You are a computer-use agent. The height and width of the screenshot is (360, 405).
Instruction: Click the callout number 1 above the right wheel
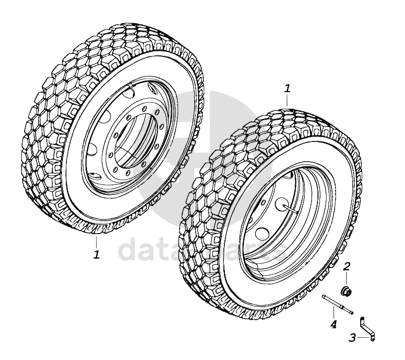point(287,89)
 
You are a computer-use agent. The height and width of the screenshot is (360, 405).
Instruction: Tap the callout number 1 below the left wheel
point(96,254)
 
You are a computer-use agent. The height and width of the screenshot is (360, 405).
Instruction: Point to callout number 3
point(353,337)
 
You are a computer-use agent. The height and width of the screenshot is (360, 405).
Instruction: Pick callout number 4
point(333,324)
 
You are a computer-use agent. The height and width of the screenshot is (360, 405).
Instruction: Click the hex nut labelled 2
point(346,291)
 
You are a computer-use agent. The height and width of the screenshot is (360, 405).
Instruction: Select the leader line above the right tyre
point(287,100)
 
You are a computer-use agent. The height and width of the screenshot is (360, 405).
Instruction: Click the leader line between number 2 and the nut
point(347,278)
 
